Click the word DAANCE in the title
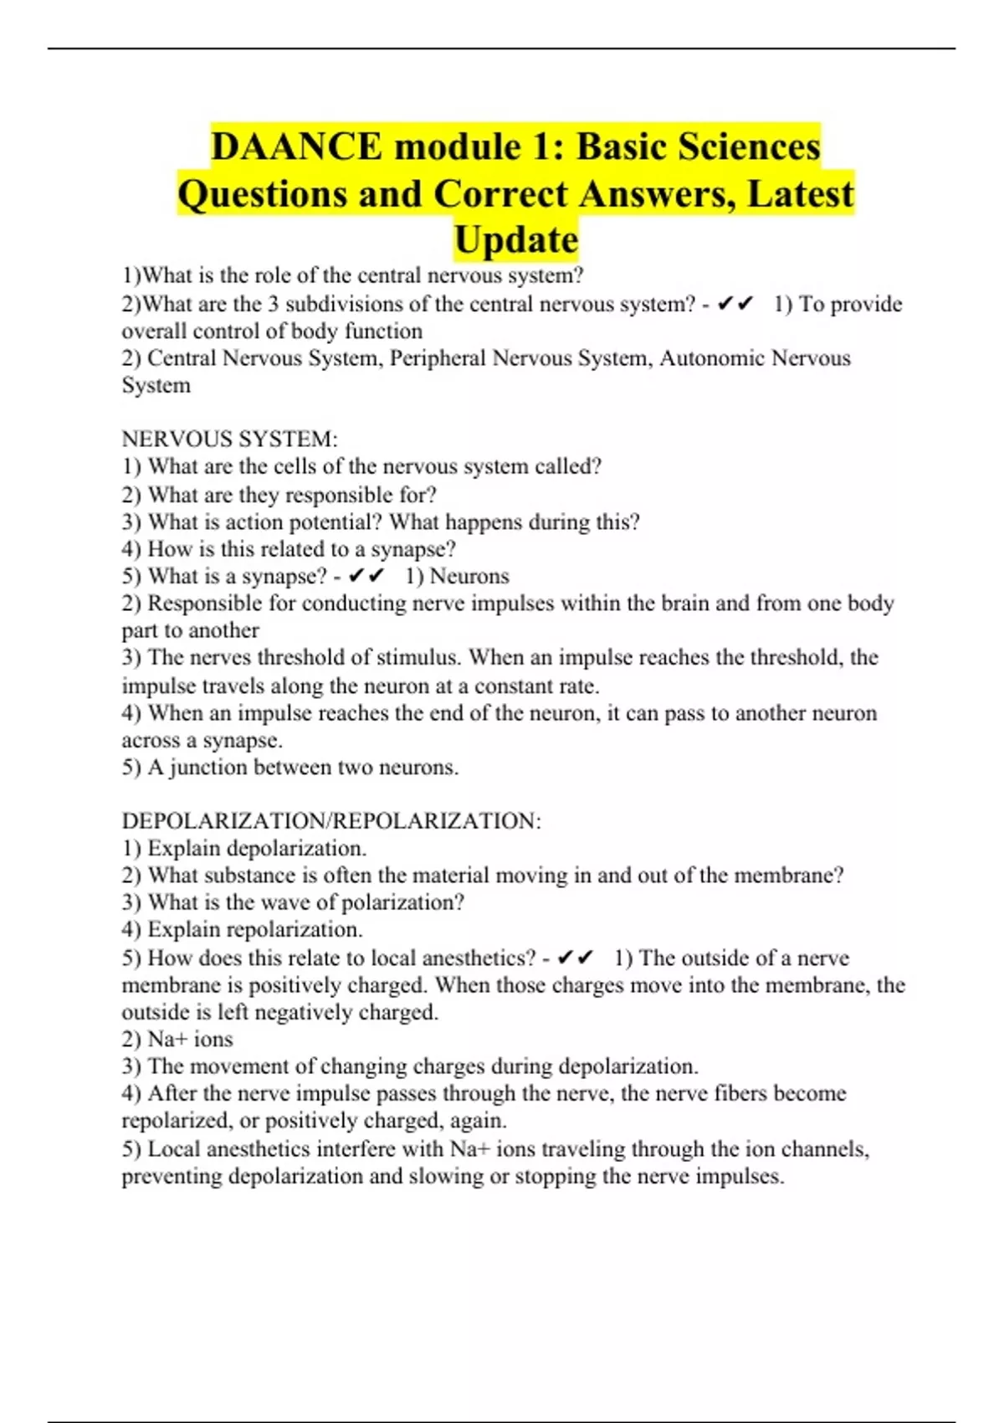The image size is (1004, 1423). click(x=296, y=146)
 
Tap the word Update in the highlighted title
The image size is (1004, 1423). click(x=515, y=239)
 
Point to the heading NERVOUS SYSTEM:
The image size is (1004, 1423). click(x=229, y=439)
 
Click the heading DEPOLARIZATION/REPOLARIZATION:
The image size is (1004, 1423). click(x=331, y=820)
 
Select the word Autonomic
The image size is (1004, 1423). click(x=712, y=358)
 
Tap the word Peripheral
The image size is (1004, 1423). click(x=438, y=358)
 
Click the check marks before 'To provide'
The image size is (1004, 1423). click(x=736, y=304)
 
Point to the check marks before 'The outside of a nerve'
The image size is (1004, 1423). click(x=576, y=958)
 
